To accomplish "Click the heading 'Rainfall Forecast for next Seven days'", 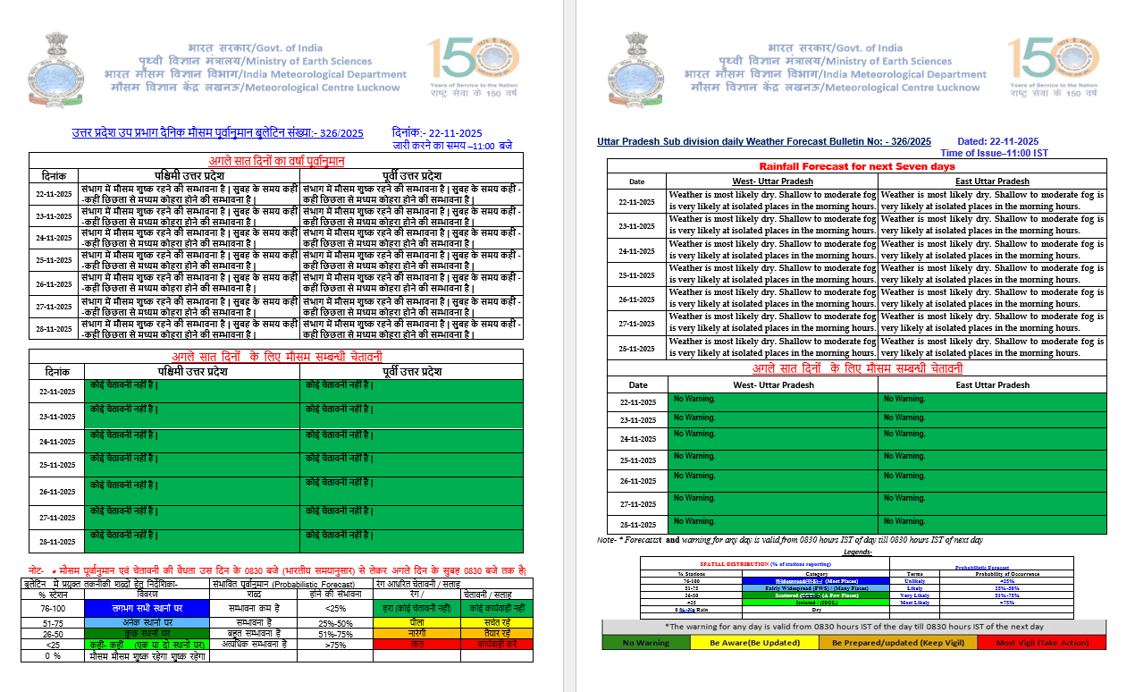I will (856, 166).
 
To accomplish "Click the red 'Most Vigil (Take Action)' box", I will (1041, 642).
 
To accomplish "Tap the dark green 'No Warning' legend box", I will (647, 642).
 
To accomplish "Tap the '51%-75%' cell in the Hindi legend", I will (336, 634).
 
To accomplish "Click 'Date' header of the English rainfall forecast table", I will (636, 181).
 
